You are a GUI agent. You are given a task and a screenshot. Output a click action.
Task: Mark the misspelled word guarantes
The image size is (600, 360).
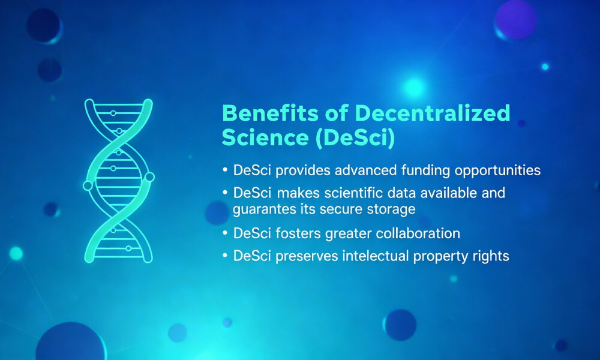[x=262, y=209]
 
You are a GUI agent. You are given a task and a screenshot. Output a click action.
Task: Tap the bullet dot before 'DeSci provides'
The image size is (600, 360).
[x=225, y=171]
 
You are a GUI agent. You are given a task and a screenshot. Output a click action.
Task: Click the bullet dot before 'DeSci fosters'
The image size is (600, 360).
[x=225, y=234]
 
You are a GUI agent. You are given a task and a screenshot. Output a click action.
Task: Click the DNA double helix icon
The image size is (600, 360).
[x=118, y=181]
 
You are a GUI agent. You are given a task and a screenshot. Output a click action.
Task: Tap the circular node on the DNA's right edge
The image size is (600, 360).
[x=149, y=177]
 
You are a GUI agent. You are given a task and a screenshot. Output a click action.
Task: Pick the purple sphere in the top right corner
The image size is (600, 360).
[x=515, y=19]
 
